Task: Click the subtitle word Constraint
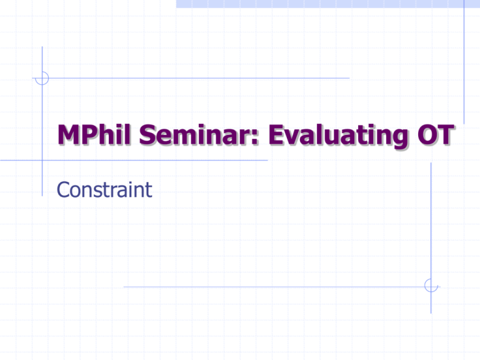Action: click(104, 189)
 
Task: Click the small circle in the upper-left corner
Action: click(42, 78)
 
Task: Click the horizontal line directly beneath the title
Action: click(156, 160)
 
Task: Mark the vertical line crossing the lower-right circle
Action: click(431, 219)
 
